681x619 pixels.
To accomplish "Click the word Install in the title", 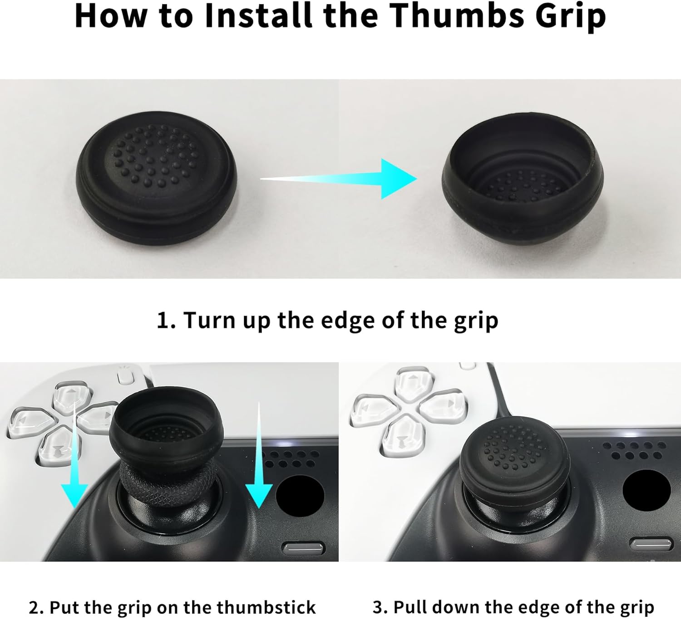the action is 259,16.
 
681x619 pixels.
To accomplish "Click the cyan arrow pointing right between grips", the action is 339,179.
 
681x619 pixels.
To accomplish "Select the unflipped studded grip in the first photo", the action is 156,178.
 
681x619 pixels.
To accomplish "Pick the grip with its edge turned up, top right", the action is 523,180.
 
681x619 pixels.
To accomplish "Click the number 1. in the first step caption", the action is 166,320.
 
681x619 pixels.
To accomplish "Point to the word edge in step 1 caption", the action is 347,321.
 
